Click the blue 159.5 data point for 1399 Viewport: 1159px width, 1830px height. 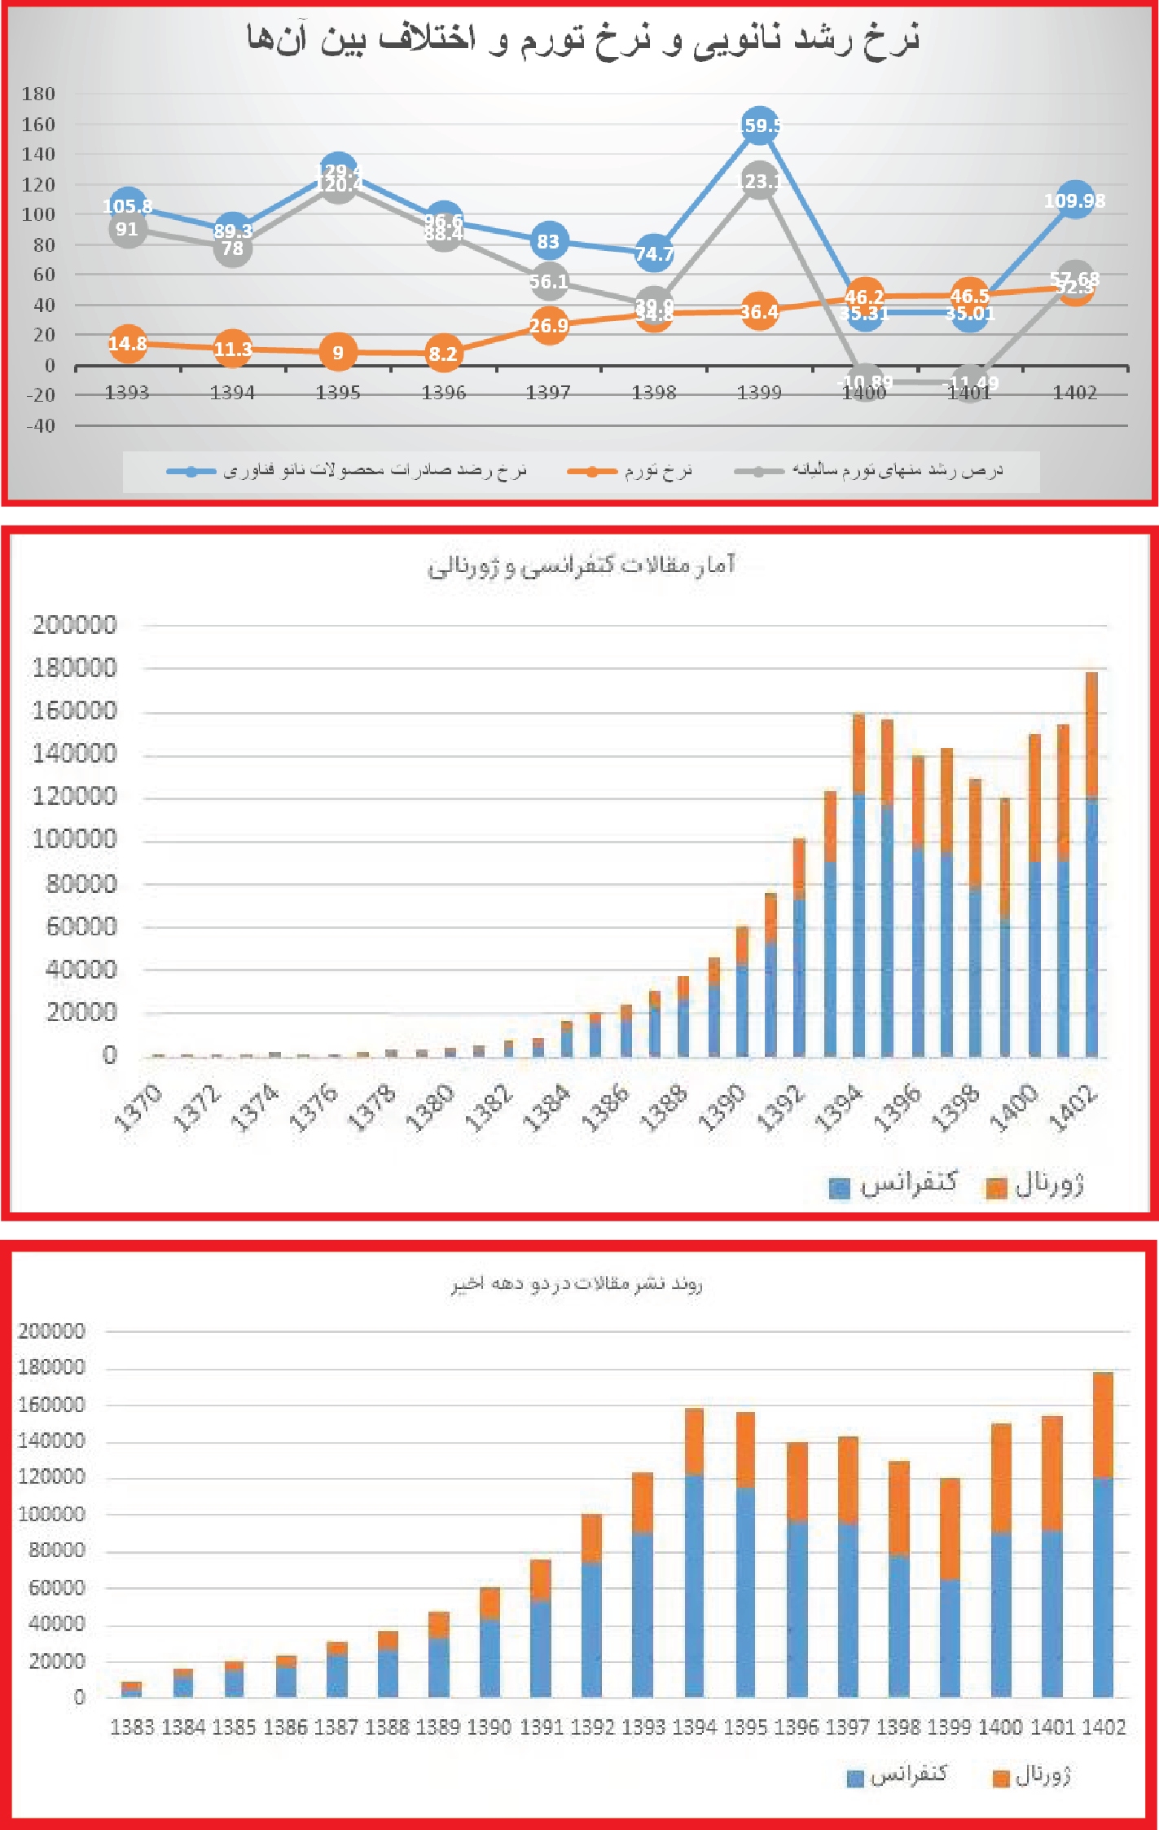[x=759, y=125]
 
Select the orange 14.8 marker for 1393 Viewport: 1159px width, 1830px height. [x=128, y=344]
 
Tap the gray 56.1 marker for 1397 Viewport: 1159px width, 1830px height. [x=549, y=281]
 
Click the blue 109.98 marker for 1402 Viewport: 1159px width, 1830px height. [x=1074, y=200]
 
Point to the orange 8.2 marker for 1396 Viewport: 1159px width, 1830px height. [x=443, y=354]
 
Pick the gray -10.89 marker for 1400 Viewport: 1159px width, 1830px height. [x=865, y=382]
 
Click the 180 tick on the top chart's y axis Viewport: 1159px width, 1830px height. [x=38, y=94]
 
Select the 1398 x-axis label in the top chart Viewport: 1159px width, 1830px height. [x=653, y=394]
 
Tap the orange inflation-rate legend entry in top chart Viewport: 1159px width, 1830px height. [x=631, y=471]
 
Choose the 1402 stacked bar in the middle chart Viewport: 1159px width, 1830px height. [x=1091, y=864]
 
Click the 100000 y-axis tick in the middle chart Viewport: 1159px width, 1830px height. [x=74, y=838]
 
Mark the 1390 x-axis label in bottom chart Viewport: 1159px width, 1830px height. [x=489, y=1727]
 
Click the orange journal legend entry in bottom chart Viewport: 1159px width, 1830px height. [x=1030, y=1776]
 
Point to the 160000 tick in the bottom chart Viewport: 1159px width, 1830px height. [x=51, y=1405]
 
